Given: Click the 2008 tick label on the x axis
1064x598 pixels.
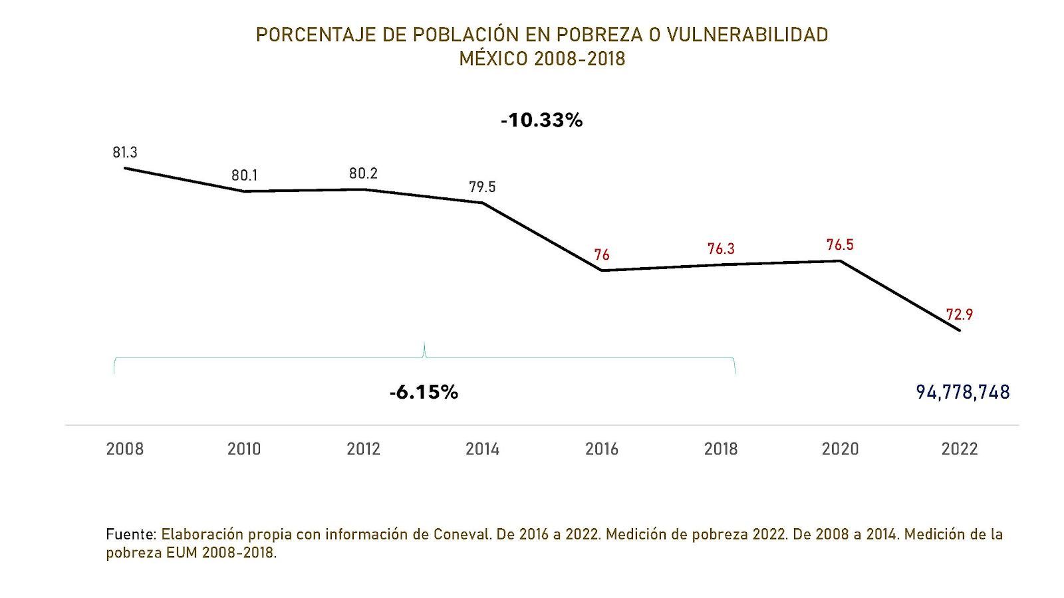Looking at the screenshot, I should click(x=125, y=449).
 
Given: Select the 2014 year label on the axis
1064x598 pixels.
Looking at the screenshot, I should click(x=482, y=449).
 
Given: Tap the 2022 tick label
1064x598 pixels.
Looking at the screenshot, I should click(x=959, y=449).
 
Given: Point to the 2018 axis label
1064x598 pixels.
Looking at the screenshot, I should click(x=721, y=449).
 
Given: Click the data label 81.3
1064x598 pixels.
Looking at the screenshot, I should click(x=125, y=153).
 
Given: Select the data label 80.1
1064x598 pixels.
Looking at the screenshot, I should click(x=245, y=176).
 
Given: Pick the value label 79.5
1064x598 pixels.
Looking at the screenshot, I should click(x=482, y=187).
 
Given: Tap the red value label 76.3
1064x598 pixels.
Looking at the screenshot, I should click(x=721, y=249).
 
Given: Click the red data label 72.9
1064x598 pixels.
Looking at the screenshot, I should click(x=959, y=315).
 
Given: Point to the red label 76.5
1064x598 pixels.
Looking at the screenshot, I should click(x=840, y=245).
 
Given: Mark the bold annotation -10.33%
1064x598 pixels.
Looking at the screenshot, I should click(x=542, y=120).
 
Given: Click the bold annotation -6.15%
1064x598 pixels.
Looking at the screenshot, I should click(x=424, y=392).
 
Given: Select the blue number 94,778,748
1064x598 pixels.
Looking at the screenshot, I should click(x=962, y=392).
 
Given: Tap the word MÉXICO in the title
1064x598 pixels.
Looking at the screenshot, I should click(x=494, y=58).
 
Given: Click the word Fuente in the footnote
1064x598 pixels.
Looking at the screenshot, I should click(x=130, y=534).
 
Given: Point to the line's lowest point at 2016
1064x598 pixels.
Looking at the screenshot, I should click(x=602, y=270).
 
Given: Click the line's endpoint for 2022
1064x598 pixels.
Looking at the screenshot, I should click(x=960, y=330).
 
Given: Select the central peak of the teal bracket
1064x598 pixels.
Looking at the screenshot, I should click(x=424, y=345).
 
